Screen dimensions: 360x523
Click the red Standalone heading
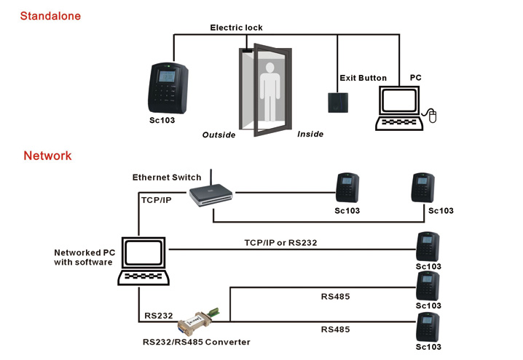pyautogui.click(x=50, y=15)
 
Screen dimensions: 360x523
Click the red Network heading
pyautogui.click(x=47, y=156)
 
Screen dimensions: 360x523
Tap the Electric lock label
pyautogui.click(x=236, y=28)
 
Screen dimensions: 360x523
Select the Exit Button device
pyautogui.click(x=336, y=100)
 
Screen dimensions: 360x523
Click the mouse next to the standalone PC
pyautogui.click(x=432, y=115)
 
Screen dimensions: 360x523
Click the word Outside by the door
pyautogui.click(x=219, y=135)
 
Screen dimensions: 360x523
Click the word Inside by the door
pyautogui.click(x=310, y=134)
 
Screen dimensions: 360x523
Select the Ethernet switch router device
pyautogui.click(x=211, y=194)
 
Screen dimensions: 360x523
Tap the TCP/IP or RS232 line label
pyautogui.click(x=280, y=242)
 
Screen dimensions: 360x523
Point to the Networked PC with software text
pyautogui.click(x=84, y=257)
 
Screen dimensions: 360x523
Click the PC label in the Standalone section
pyautogui.click(x=415, y=76)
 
